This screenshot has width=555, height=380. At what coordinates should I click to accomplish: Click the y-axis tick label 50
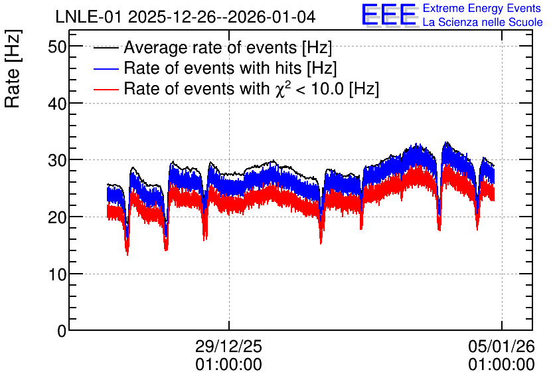57,47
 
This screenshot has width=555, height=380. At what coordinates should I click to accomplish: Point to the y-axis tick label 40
57,104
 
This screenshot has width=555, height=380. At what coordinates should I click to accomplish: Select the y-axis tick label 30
57,160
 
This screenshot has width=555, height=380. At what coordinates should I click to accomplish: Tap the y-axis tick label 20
57,217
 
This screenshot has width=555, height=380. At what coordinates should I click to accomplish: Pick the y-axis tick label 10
57,274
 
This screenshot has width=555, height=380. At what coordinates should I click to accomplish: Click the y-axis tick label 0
62,331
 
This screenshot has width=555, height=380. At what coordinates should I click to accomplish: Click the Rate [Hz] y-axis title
13,68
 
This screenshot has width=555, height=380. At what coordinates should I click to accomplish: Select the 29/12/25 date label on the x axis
228,346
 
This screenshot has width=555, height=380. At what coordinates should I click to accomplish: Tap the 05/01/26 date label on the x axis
501,346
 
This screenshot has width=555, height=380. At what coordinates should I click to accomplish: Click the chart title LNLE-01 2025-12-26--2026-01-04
185,17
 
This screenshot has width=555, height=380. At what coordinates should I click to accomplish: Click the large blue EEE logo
389,15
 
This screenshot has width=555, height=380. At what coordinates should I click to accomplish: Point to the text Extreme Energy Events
482,8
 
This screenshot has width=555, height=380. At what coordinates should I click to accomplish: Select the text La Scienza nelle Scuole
483,23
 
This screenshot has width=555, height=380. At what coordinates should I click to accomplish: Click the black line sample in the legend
106,48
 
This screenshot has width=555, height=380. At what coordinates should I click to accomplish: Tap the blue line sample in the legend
106,68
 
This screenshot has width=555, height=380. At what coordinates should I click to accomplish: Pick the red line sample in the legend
106,89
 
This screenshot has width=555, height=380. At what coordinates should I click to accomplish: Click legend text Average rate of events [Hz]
228,48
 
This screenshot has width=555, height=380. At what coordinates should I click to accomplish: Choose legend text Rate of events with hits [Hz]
230,68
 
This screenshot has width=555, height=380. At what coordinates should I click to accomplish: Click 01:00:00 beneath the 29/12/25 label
228,365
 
